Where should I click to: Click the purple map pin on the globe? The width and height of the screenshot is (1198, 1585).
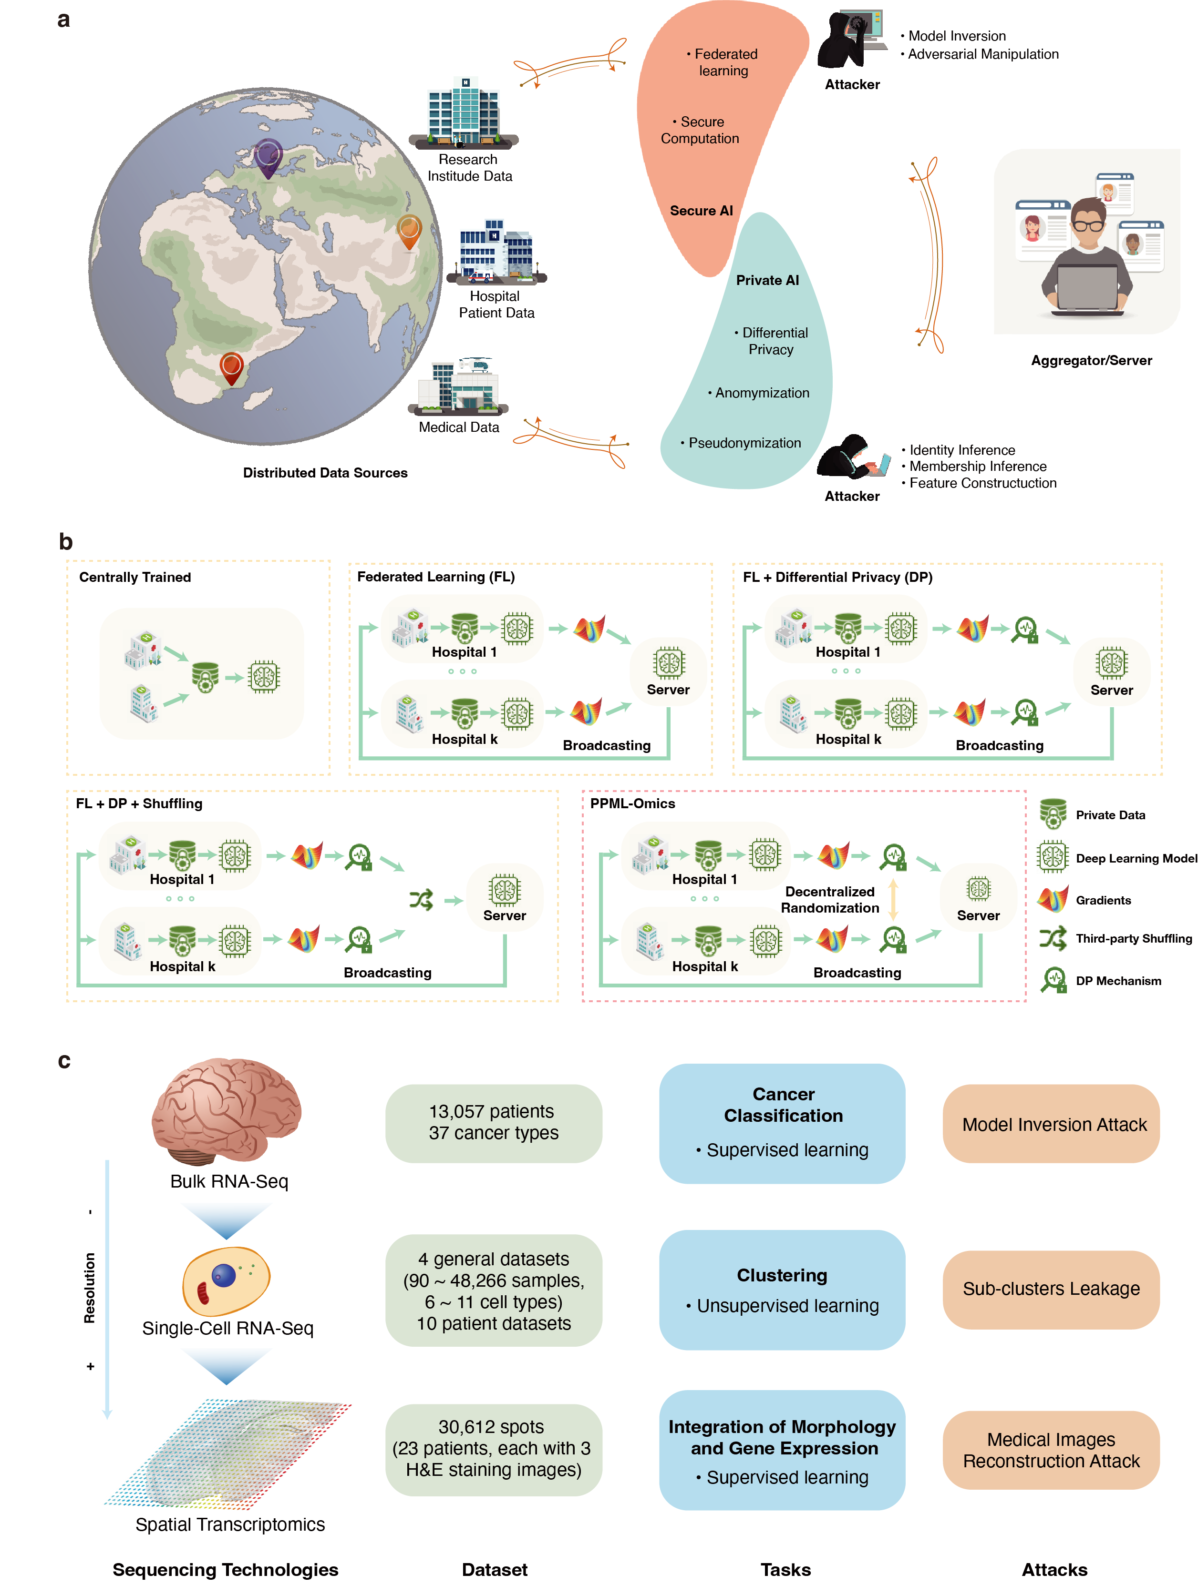point(268,155)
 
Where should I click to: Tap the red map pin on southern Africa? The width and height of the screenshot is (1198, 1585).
point(232,367)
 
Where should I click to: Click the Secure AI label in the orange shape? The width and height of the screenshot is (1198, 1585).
point(701,211)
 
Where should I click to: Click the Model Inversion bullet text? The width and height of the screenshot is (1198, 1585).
point(956,36)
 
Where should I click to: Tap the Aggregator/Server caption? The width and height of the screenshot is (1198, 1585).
point(1091,360)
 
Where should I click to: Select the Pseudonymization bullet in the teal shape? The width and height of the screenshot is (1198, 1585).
point(744,443)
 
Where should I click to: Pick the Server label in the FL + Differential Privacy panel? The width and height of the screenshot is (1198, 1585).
point(1111,690)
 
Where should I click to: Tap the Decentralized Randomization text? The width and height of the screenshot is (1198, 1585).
point(829,899)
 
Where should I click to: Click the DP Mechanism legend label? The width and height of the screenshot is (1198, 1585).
point(1118,981)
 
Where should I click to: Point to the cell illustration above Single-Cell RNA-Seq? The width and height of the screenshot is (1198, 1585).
point(226,1280)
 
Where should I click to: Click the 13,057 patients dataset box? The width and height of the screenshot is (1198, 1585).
point(493,1122)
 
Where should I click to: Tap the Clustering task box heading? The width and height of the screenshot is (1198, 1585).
point(782,1275)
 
